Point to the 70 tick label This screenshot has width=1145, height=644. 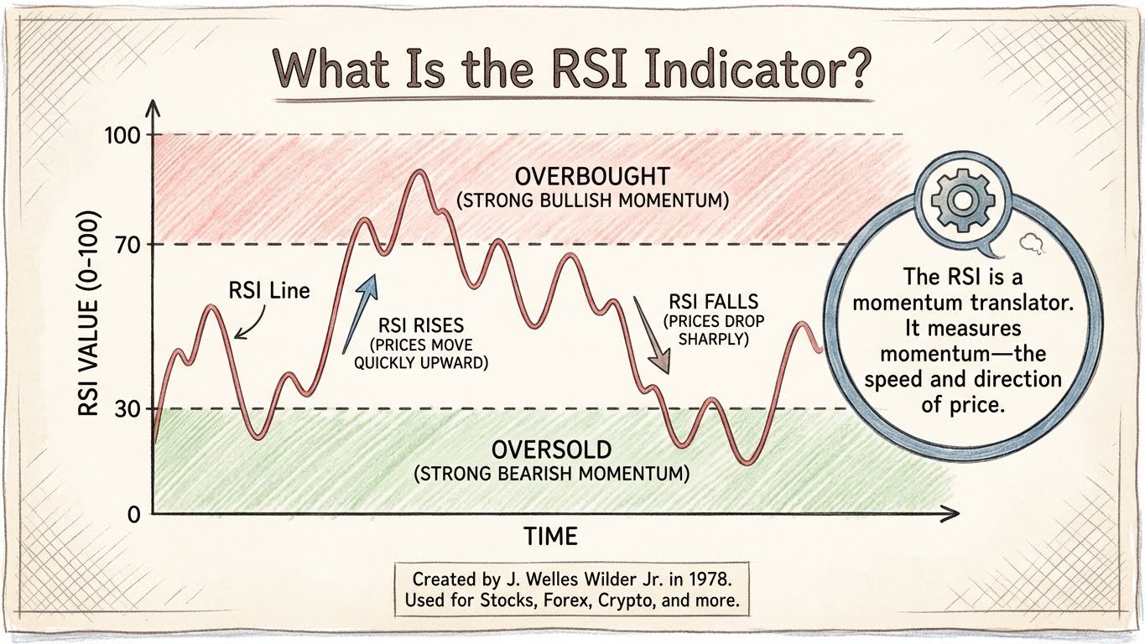pyautogui.click(x=127, y=245)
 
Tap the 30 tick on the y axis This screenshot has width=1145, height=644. pyautogui.click(x=127, y=408)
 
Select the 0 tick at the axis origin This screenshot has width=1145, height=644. pyautogui.click(x=133, y=513)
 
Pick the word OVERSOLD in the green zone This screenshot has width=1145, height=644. pyautogui.click(x=552, y=449)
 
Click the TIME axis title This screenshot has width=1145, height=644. pyautogui.click(x=550, y=536)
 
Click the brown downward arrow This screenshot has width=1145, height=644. pyautogui.click(x=650, y=335)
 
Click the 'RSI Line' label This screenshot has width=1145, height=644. pyautogui.click(x=268, y=291)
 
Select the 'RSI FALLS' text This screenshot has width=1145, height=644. pyautogui.click(x=712, y=302)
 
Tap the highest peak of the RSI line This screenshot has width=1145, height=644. pyautogui.click(x=419, y=172)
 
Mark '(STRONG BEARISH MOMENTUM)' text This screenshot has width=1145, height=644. pyautogui.click(x=552, y=474)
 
